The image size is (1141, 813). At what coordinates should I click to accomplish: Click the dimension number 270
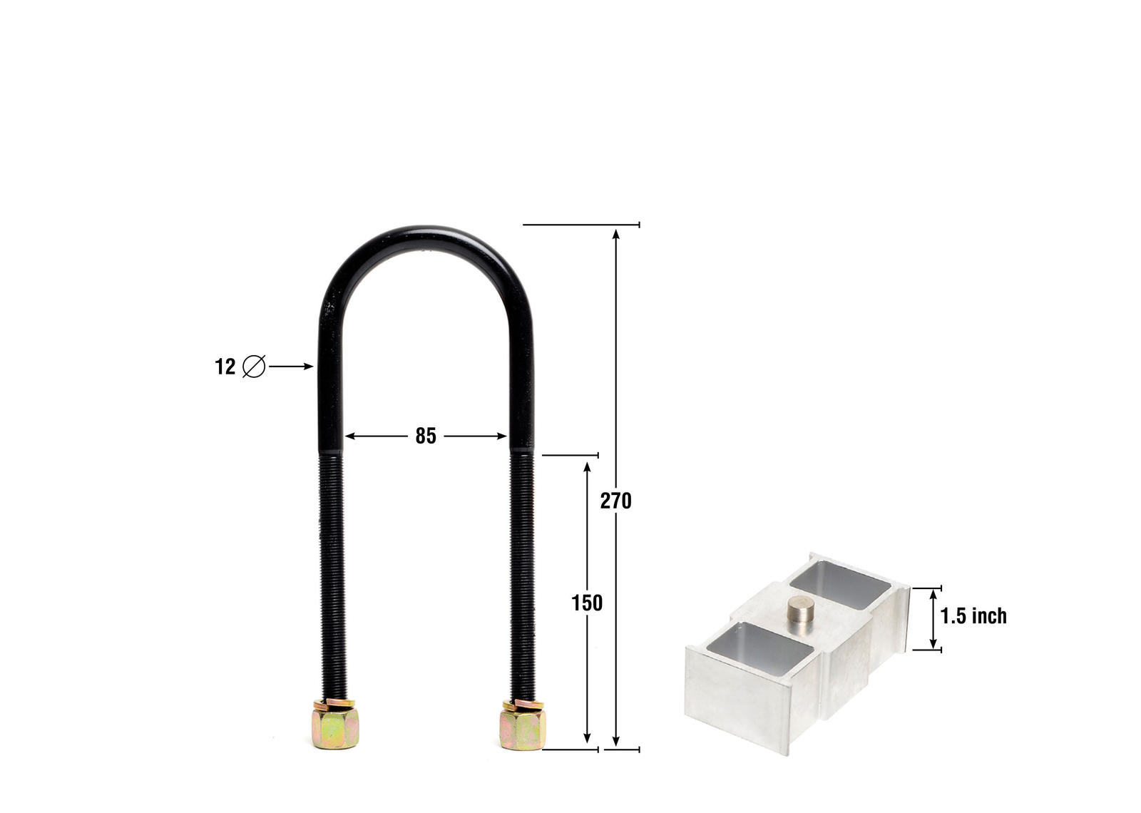pos(615,501)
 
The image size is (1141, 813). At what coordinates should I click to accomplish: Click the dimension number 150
pos(587,603)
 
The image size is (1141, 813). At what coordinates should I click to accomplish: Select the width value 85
pos(426,436)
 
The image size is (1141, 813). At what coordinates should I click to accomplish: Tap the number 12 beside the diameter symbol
pos(225,367)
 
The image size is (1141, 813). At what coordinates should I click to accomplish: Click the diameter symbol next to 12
pos(254,367)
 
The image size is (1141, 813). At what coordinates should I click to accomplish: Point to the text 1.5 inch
pos(973,616)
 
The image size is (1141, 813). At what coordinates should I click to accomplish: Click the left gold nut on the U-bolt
pos(336,728)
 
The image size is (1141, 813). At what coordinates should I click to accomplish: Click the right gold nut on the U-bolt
pos(523,728)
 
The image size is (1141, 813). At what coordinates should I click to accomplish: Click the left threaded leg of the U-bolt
pos(332,571)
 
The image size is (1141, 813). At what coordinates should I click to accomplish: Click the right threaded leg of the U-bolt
pos(522,571)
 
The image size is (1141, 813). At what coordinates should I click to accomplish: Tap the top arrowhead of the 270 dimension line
pos(616,234)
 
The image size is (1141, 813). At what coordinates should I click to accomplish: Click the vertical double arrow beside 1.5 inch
pos(932,619)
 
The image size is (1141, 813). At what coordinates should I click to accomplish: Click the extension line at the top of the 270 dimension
pos(581,225)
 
